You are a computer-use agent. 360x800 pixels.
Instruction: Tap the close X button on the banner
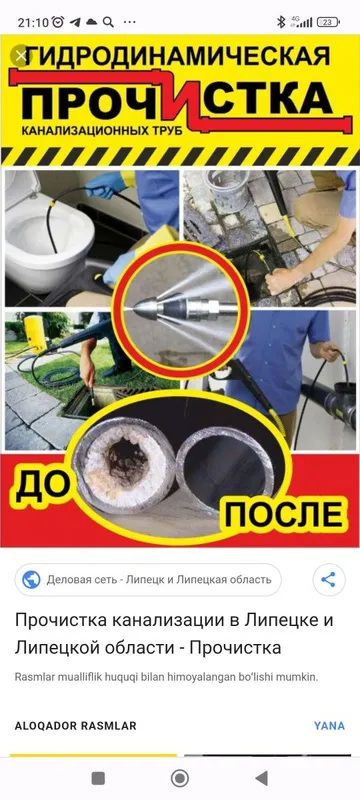pyautogui.click(x=21, y=56)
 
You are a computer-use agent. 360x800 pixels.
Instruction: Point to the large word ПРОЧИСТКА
pyautogui.click(x=177, y=98)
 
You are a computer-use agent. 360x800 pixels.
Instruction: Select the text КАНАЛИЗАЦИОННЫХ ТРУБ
pyautogui.click(x=102, y=132)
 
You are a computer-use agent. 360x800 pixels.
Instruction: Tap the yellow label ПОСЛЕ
pyautogui.click(x=284, y=514)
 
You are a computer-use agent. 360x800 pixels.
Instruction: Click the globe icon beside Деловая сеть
pyautogui.click(x=32, y=580)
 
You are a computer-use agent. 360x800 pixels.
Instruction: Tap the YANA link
pyautogui.click(x=329, y=726)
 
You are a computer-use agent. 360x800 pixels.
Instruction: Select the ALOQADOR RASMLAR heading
pyautogui.click(x=75, y=726)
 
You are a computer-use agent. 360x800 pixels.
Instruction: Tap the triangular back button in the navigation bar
pyautogui.click(x=261, y=778)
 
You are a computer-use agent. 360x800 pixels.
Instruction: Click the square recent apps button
pyautogui.click(x=98, y=778)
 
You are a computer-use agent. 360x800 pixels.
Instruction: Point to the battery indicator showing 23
pyautogui.click(x=328, y=22)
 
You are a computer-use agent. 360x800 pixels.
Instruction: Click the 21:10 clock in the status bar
pyautogui.click(x=33, y=22)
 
